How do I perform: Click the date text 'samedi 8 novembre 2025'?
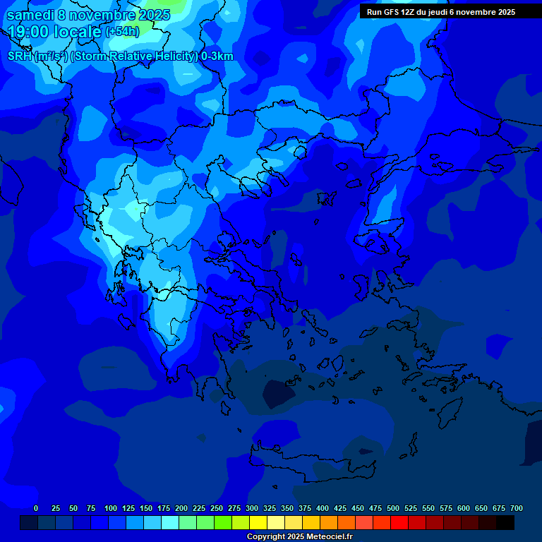88,15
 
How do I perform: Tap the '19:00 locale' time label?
55,32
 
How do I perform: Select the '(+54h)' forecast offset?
122,32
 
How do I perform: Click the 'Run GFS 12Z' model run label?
441,12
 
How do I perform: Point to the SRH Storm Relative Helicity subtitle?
120,56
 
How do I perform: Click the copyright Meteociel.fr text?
299,536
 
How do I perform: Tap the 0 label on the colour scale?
36,508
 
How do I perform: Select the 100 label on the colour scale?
111,508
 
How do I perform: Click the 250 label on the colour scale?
217,508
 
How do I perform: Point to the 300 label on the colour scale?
252,508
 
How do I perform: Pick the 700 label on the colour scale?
516,508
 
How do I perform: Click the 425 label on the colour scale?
340,508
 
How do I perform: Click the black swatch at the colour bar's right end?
505,522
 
